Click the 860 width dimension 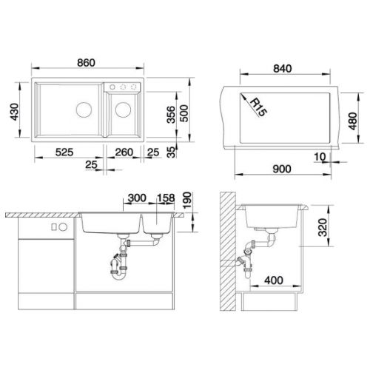tap(86, 63)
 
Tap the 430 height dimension tap(15, 112)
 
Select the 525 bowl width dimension tap(64, 152)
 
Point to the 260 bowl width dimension tap(124, 152)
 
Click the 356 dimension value tap(171, 115)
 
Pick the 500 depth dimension tap(184, 113)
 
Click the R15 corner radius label tap(258, 107)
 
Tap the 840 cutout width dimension tap(283, 68)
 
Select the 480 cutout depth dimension tap(353, 121)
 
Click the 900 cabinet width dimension tap(282, 169)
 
